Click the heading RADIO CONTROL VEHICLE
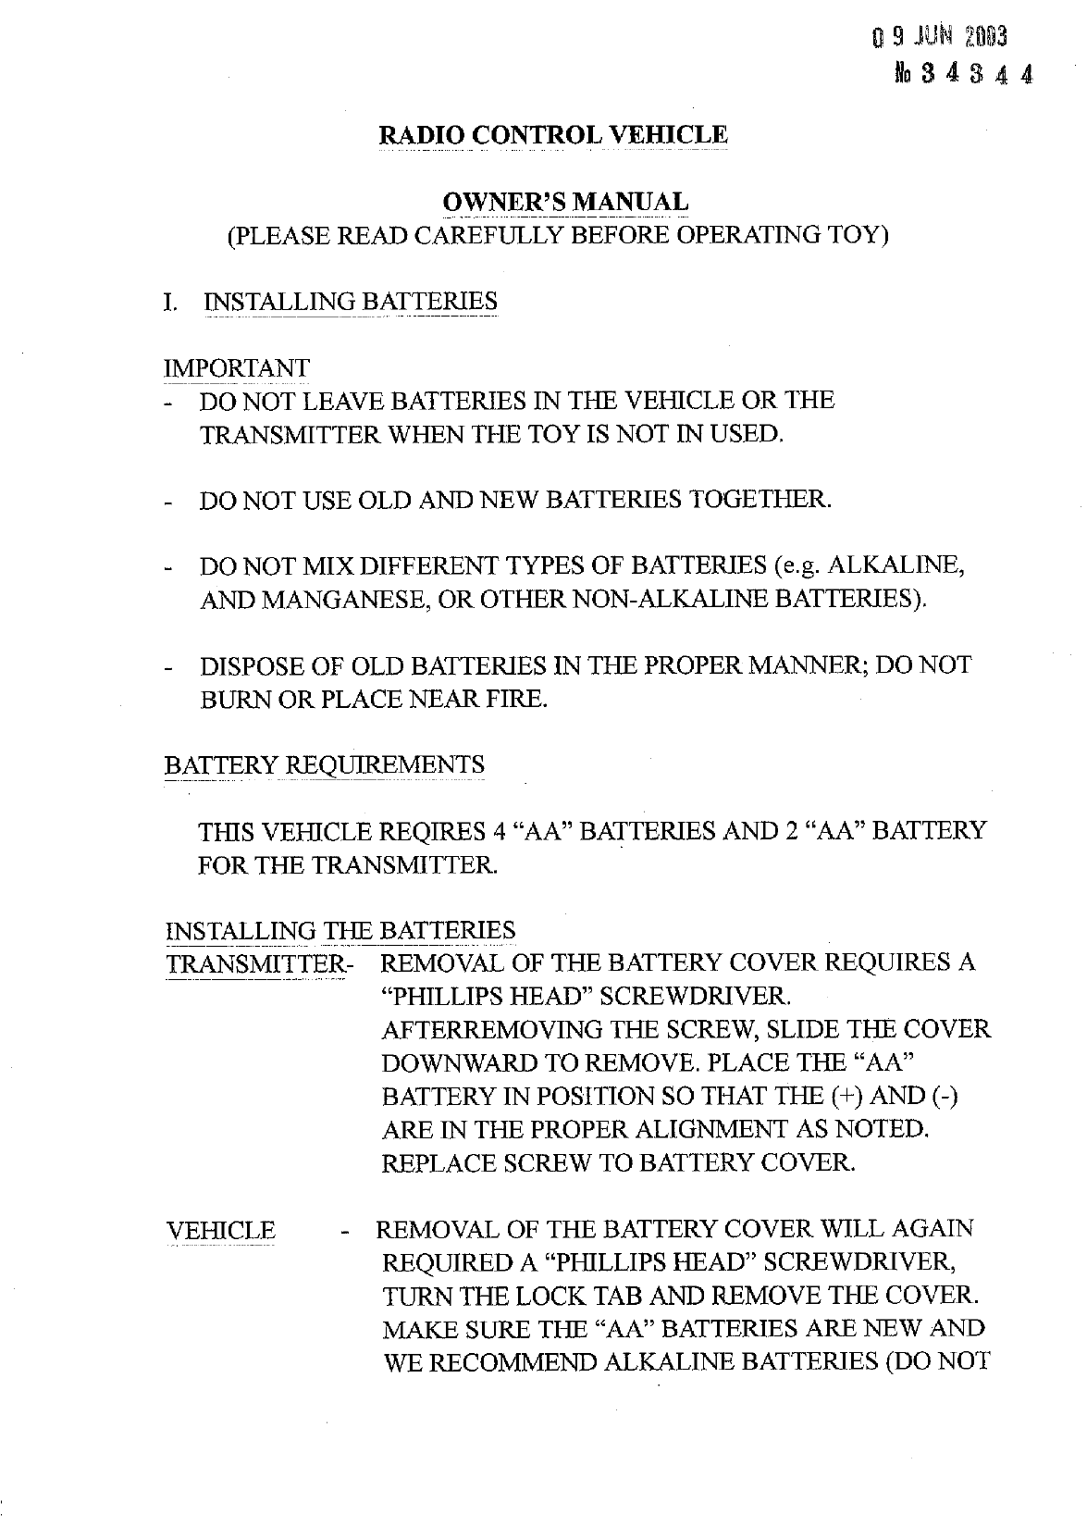(553, 135)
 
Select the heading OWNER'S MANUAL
(565, 202)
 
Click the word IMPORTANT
(236, 368)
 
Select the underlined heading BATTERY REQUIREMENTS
(324, 766)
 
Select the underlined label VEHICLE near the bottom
(220, 1231)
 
